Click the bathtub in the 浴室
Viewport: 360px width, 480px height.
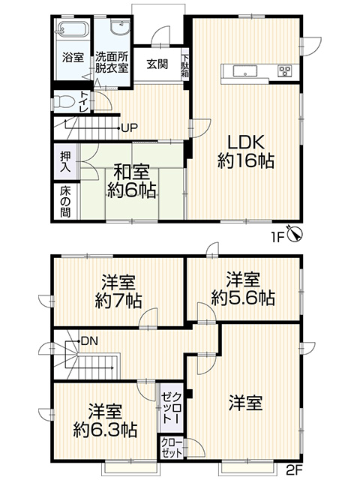click(73, 30)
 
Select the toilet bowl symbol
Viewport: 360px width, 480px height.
click(62, 102)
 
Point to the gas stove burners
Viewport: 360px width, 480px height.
click(285, 71)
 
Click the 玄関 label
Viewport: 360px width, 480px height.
click(157, 64)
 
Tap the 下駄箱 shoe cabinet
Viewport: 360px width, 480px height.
click(185, 65)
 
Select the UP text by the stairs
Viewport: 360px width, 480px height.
click(130, 127)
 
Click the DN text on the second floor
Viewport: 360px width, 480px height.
click(90, 341)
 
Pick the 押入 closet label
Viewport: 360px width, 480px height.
click(64, 162)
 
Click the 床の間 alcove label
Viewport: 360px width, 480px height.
click(65, 202)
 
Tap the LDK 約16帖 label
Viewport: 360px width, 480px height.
click(246, 152)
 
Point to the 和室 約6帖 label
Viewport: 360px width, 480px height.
click(132, 181)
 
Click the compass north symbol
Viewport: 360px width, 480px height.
click(294, 234)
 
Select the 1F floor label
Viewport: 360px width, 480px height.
click(277, 238)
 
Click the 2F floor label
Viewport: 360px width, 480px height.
click(295, 468)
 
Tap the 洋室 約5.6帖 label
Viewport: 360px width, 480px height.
click(243, 288)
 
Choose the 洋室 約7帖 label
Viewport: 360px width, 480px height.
click(118, 292)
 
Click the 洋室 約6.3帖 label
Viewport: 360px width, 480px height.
click(105, 421)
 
